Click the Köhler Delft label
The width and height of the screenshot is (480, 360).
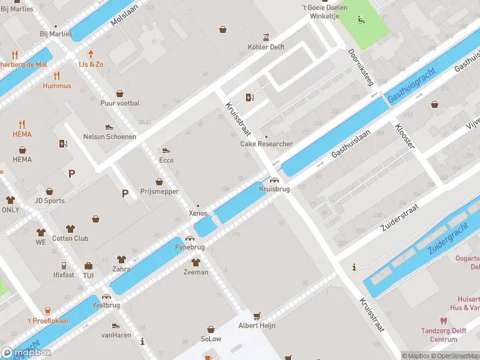pyautogui.click(x=266, y=47)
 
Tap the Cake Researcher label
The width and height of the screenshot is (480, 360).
pyautogui.click(x=266, y=144)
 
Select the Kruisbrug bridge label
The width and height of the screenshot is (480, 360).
pyautogui.click(x=274, y=189)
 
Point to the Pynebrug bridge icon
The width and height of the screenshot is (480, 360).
pyautogui.click(x=190, y=238)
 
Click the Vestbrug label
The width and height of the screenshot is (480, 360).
pyautogui.click(x=106, y=305)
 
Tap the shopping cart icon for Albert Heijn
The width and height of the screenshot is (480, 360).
pyautogui.click(x=257, y=316)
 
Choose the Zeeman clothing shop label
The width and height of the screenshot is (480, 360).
pyautogui.click(x=196, y=272)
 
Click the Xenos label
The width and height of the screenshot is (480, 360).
pyautogui.click(x=197, y=214)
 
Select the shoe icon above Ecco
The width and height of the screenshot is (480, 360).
pyautogui.click(x=166, y=151)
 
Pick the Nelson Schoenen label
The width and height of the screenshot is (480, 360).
pyautogui.click(x=109, y=137)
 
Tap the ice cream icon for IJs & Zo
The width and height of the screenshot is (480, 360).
pyautogui.click(x=91, y=54)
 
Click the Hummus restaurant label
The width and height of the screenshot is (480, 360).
pyautogui.click(x=57, y=86)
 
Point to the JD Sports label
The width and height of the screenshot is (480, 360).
pyautogui.click(x=50, y=201)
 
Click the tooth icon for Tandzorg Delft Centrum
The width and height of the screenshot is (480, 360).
pyautogui.click(x=443, y=321)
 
